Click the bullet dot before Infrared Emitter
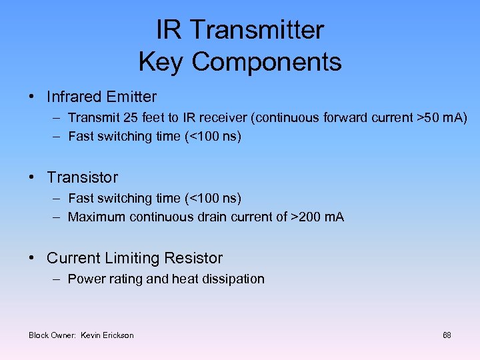[x=32, y=97]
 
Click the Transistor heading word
[x=82, y=177]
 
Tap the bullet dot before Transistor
[x=32, y=177]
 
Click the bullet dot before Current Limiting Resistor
[x=32, y=258]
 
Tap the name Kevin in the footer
[x=91, y=335]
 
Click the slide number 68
[x=447, y=335]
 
